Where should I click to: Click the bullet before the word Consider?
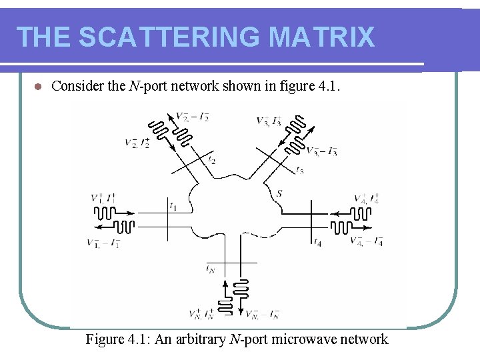[37, 87]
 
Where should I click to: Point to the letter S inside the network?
[279, 193]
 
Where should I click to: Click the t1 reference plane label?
[173, 206]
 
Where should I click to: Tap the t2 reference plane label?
[212, 160]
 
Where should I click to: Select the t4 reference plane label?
[318, 243]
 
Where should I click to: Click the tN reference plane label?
[210, 269]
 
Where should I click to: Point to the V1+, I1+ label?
[103, 198]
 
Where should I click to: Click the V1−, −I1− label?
[103, 243]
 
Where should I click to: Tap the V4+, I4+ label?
[367, 198]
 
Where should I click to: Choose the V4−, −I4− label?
[367, 241]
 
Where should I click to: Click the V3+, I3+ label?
[269, 121]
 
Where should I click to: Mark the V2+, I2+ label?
[137, 143]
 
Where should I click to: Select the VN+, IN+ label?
[201, 313]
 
